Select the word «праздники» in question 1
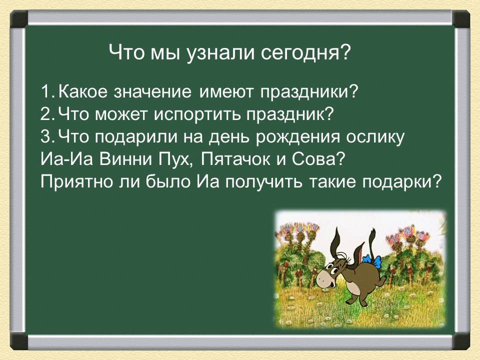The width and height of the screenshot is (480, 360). tap(309, 92)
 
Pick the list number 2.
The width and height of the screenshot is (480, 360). tap(46, 114)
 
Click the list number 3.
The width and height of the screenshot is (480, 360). tap(46, 137)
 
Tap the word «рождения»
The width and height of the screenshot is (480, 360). tap(297, 137)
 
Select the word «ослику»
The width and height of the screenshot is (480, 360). tap(375, 137)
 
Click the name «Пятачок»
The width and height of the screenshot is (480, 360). tap(235, 159)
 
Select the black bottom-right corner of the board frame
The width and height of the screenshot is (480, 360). tap(461, 341)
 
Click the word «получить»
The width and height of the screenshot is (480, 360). tap(264, 182)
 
